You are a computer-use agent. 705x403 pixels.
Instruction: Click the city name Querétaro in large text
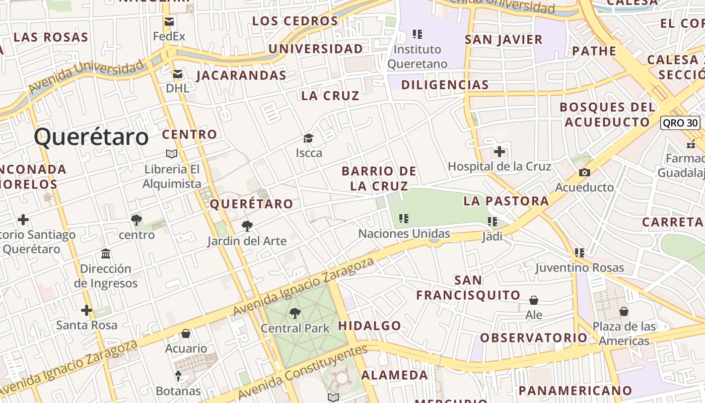click(92, 137)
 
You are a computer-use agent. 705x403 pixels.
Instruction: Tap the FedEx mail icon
click(169, 22)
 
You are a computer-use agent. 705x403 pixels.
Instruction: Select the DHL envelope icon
click(177, 74)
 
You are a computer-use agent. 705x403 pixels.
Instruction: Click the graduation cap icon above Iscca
click(308, 138)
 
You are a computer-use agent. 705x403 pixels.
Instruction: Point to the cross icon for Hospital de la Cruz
click(499, 151)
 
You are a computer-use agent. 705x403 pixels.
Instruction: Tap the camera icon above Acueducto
click(584, 173)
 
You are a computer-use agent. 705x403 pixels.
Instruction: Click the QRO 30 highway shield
click(680, 122)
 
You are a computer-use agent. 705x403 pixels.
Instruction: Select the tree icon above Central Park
click(295, 313)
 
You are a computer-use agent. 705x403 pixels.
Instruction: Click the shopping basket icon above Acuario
click(186, 333)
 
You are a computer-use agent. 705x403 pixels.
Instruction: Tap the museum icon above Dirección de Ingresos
click(106, 253)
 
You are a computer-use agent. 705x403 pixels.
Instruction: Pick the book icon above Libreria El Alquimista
click(172, 154)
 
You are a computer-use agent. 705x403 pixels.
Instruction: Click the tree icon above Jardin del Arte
click(247, 226)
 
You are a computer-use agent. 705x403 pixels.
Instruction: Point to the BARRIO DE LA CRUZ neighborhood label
click(379, 178)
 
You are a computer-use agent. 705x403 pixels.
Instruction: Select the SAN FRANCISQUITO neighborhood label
click(461, 288)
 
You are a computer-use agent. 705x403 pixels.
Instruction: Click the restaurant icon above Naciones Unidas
click(403, 219)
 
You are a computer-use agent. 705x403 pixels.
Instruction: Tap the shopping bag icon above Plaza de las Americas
click(624, 311)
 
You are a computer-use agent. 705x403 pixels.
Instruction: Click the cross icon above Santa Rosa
click(87, 310)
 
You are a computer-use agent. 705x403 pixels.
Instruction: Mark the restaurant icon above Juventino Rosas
click(580, 252)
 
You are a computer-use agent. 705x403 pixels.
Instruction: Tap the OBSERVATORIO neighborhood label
click(533, 338)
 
